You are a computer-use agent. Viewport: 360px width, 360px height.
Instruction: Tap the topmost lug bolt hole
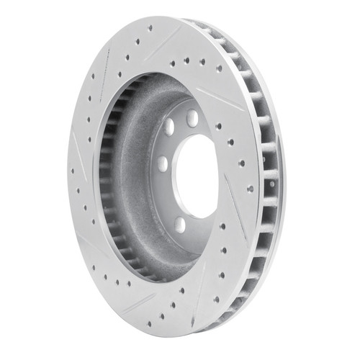click(192, 117)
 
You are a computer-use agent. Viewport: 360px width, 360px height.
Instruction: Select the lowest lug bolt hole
click(180, 225)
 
